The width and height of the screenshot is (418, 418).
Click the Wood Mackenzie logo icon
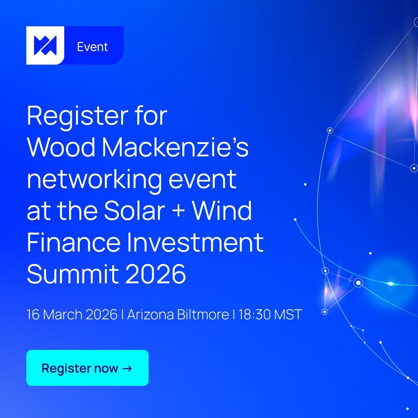45,45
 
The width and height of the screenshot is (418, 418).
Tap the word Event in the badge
92,47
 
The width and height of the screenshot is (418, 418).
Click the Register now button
87,368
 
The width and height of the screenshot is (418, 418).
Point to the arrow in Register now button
127,368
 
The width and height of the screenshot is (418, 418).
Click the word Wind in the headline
222,211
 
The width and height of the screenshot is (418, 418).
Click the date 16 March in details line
54,314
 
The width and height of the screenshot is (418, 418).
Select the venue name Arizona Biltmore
178,314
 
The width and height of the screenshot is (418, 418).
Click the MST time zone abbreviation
288,314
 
